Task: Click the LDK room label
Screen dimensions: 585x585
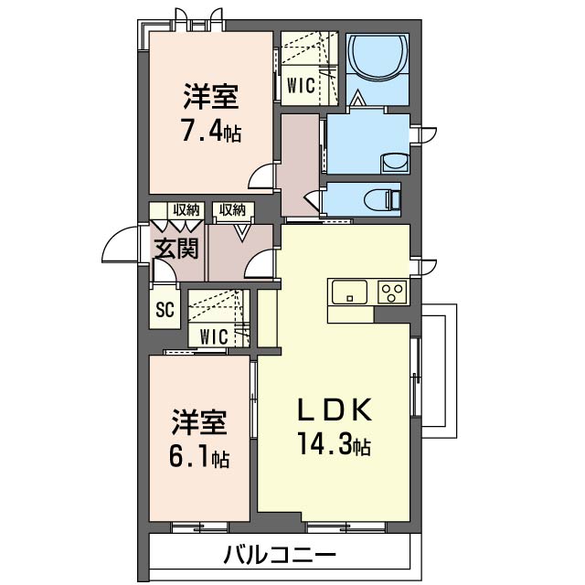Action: pyautogui.click(x=335, y=410)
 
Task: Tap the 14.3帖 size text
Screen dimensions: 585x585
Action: pyautogui.click(x=334, y=444)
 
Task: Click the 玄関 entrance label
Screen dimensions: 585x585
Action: pyautogui.click(x=176, y=248)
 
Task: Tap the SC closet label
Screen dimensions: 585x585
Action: pyautogui.click(x=165, y=309)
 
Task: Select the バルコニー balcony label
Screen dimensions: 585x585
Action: pyautogui.click(x=280, y=556)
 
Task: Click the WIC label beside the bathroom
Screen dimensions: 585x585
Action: pyautogui.click(x=301, y=85)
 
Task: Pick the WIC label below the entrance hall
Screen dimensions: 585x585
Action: pyautogui.click(x=214, y=337)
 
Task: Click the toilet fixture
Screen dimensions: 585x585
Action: pyautogui.click(x=383, y=198)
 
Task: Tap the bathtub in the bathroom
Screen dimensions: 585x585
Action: pyautogui.click(x=378, y=57)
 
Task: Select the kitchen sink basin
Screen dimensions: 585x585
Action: pyautogui.click(x=349, y=292)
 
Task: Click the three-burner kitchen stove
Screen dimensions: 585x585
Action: pyautogui.click(x=392, y=292)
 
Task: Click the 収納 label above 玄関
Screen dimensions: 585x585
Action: pyautogui.click(x=186, y=210)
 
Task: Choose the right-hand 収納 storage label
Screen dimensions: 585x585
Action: pyautogui.click(x=231, y=210)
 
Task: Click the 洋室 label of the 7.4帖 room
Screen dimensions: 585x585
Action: pyautogui.click(x=211, y=96)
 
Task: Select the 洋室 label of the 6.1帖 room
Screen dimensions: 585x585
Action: pyautogui.click(x=199, y=422)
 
